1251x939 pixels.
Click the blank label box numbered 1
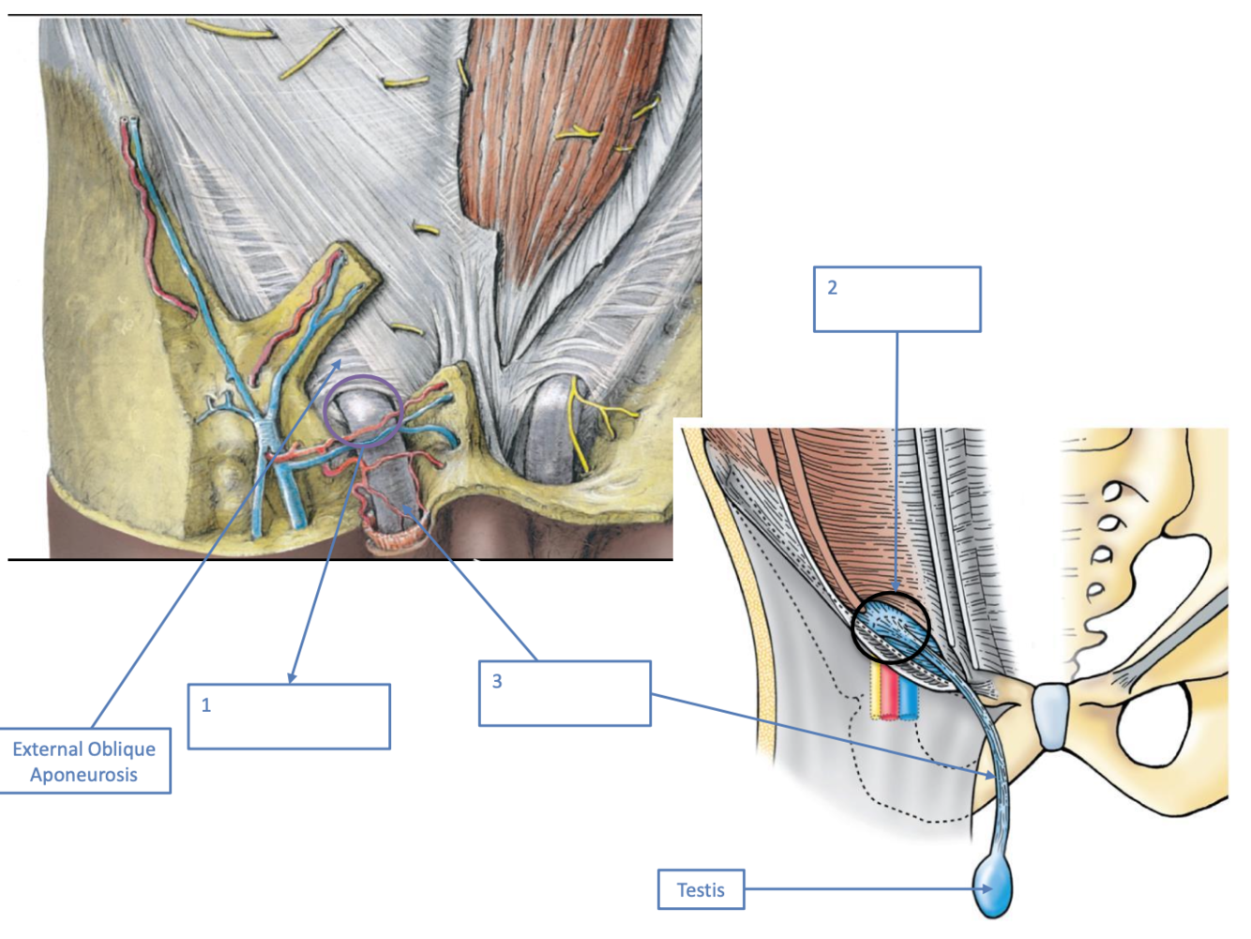(x=289, y=717)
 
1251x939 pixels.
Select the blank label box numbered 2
(x=897, y=299)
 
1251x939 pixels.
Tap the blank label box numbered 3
(x=565, y=693)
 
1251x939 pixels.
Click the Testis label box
(x=701, y=890)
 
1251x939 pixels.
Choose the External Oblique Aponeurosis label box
(x=84, y=761)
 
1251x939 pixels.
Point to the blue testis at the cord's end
(x=995, y=890)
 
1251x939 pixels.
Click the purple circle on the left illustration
(x=363, y=411)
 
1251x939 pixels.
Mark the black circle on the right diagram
(x=890, y=628)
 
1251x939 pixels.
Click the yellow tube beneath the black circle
(x=877, y=694)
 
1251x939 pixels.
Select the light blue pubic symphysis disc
(x=1053, y=716)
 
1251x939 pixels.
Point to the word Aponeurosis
(x=84, y=775)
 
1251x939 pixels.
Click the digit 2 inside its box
(x=832, y=288)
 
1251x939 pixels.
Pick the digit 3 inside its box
(x=497, y=682)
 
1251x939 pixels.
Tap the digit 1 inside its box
(x=206, y=705)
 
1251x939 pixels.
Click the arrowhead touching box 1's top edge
(x=293, y=677)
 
